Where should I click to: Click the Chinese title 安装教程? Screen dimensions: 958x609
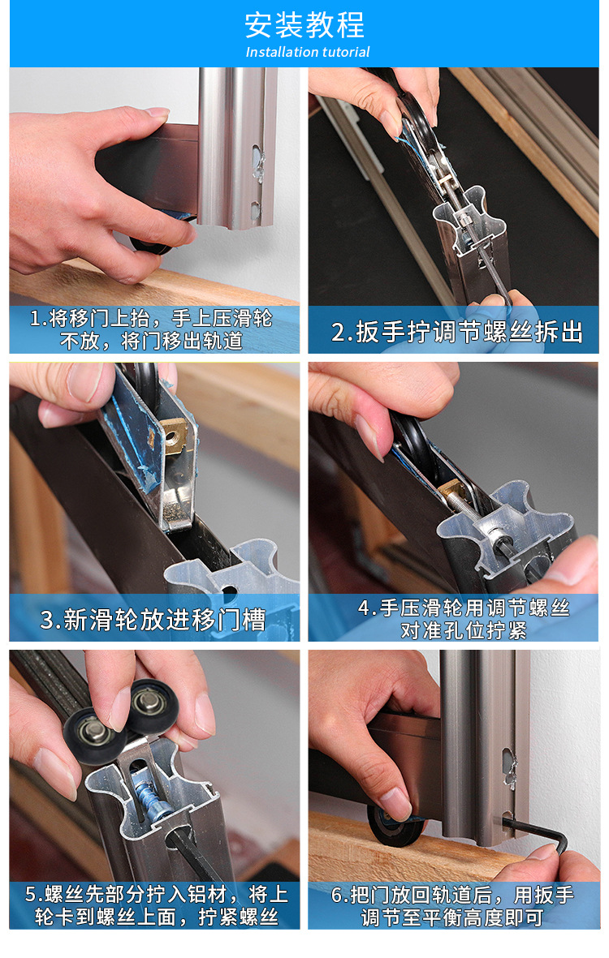point(304,25)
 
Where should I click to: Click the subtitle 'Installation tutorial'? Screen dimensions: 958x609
point(307,52)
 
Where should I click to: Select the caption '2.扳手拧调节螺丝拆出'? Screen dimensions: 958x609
point(457,332)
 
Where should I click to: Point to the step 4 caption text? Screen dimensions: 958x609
point(464,618)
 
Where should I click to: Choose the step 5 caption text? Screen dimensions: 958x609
point(155,905)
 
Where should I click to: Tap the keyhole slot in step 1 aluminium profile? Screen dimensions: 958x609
point(257,160)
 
